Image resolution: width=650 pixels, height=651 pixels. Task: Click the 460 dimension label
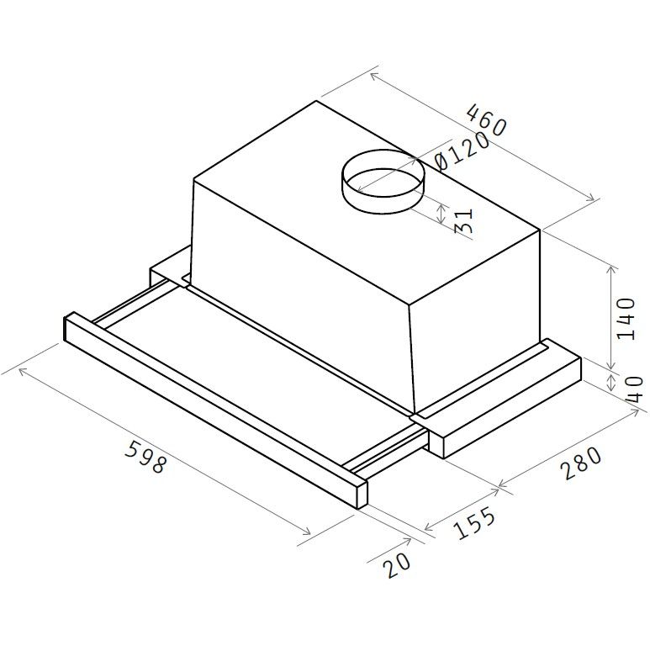point(487,120)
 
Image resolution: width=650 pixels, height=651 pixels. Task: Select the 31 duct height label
point(464,221)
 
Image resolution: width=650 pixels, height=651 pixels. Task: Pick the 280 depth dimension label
point(583,463)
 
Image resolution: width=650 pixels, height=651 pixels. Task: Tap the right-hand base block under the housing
point(505,404)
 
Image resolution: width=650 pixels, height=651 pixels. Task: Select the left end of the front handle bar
point(72,327)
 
